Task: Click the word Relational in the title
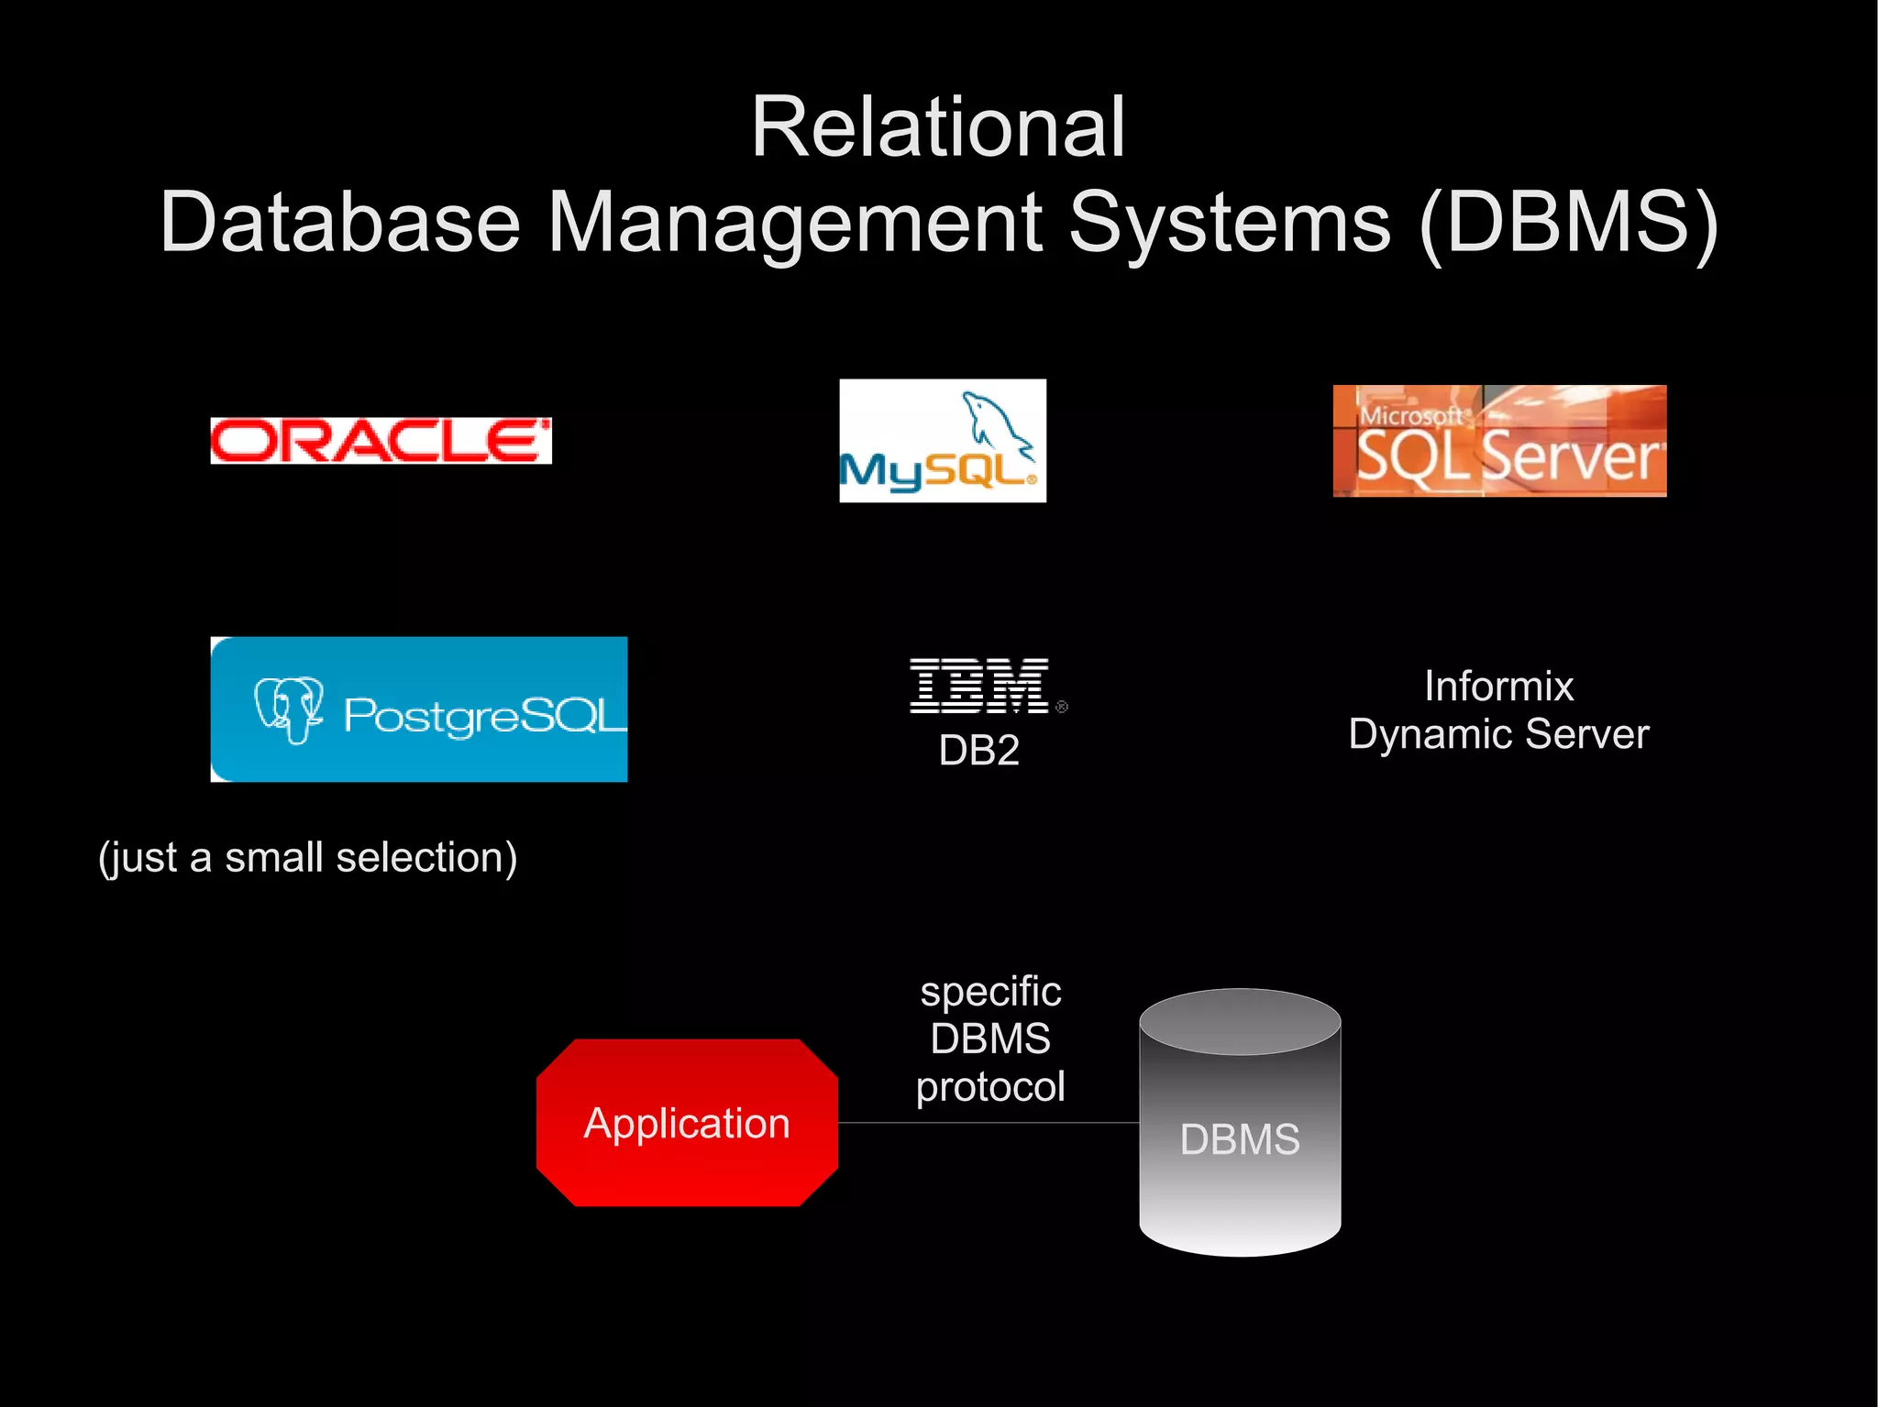(x=937, y=128)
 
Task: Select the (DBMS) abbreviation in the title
(x=1568, y=223)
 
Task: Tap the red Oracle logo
(x=381, y=441)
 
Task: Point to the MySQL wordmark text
(x=935, y=472)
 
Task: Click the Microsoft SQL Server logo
(x=1498, y=442)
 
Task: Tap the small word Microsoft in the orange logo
(x=1409, y=416)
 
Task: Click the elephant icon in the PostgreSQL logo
(x=288, y=709)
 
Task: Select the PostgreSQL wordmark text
(x=484, y=716)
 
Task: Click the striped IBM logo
(x=978, y=686)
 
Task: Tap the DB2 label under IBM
(x=978, y=751)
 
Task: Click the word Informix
(x=1498, y=687)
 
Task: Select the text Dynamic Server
(x=1498, y=734)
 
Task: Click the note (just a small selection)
(x=308, y=858)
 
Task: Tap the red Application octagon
(x=687, y=1123)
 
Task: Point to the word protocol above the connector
(x=990, y=1087)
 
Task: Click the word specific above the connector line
(x=990, y=992)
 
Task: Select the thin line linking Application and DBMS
(x=989, y=1123)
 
